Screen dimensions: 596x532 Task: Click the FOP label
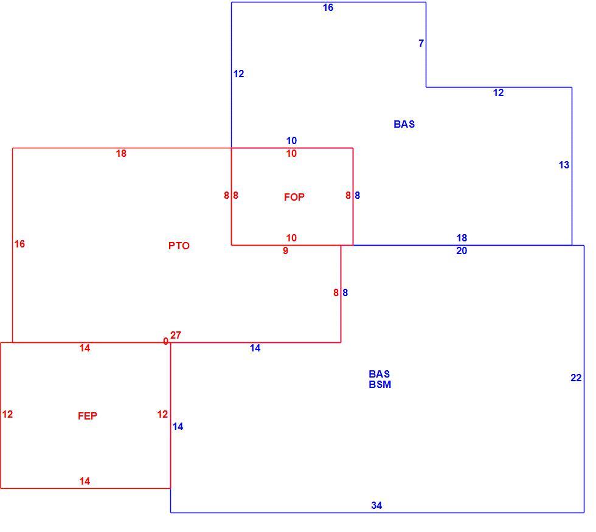coord(294,197)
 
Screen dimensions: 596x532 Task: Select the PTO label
coord(179,246)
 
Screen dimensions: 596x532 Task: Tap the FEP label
coord(88,416)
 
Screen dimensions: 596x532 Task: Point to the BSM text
coord(379,384)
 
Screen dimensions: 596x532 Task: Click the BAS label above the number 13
coord(404,124)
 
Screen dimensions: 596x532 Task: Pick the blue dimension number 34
coord(376,505)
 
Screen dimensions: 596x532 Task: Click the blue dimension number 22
coord(576,378)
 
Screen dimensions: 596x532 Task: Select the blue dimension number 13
coord(564,165)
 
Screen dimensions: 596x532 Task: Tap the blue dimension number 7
coord(421,43)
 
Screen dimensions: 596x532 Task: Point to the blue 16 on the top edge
coord(328,7)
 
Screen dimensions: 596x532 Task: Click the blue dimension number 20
coord(462,250)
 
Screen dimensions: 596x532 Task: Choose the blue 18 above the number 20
coord(462,238)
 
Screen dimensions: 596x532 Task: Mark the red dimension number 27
coord(176,335)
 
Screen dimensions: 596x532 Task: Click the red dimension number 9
coord(285,250)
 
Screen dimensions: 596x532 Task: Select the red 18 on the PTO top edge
coord(121,153)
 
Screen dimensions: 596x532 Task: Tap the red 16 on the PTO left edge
coord(19,244)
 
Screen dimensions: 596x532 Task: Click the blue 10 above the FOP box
coord(291,140)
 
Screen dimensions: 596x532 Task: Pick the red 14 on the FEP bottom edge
coord(85,481)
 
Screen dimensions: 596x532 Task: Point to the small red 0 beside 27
coord(165,341)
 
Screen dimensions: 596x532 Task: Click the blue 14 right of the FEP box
coord(178,426)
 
